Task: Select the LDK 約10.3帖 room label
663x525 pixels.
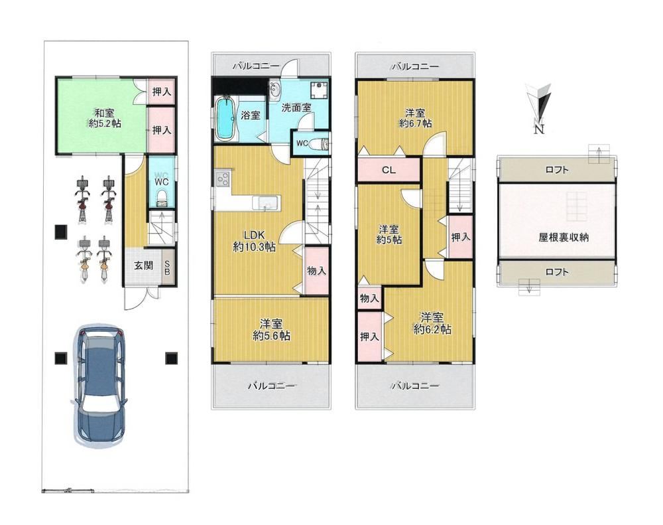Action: [254, 240]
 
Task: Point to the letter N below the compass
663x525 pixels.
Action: [538, 129]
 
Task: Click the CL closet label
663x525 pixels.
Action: [389, 170]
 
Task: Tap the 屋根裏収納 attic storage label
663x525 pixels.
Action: [563, 237]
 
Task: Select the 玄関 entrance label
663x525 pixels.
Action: [143, 265]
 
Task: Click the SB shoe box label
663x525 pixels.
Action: [167, 267]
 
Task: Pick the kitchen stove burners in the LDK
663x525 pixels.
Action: [223, 179]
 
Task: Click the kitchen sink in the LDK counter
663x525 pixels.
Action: [267, 203]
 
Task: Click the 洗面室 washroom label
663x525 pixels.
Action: [296, 108]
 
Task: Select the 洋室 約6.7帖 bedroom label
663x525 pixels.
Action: [415, 118]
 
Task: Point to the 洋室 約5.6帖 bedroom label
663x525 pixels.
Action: [271, 329]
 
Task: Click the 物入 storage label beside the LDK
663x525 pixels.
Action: [316, 270]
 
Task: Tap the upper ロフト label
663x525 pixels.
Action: [557, 170]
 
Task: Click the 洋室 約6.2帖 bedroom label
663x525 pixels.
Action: [432, 323]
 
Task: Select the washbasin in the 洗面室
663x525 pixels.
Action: [275, 89]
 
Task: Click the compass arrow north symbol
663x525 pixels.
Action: [538, 103]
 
